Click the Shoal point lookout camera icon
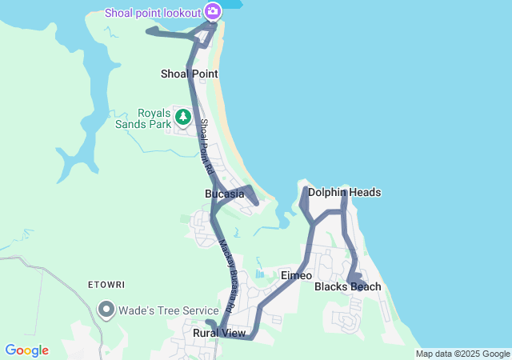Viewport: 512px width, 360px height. click(212, 11)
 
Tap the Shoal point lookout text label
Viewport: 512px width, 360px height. click(153, 12)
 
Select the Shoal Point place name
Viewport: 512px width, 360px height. click(190, 74)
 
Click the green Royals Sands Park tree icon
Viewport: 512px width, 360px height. click(183, 118)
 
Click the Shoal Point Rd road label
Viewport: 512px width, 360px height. click(206, 147)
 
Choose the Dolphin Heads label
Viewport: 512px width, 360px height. click(344, 192)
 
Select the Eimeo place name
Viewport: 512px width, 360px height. click(296, 275)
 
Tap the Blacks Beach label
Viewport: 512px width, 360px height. click(347, 286)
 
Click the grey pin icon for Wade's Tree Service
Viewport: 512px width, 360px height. click(106, 310)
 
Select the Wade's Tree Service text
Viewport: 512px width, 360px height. click(168, 310)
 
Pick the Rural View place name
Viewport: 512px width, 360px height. click(219, 333)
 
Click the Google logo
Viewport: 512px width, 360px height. click(26, 350)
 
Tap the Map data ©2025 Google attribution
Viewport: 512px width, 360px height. click(462, 354)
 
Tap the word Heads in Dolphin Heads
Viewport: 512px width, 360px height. click(365, 192)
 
